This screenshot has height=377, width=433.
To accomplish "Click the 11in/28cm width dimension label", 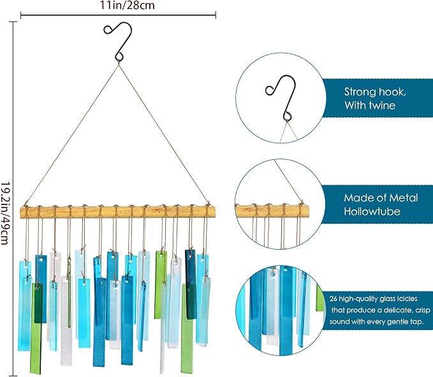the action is click(127, 5).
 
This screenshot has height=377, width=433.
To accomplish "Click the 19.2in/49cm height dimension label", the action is click(4, 213).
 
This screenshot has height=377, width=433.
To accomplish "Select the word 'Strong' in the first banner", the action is click(358, 92).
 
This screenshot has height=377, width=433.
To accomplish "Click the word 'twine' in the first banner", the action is click(383, 105).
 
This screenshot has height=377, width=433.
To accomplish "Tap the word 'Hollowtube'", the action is click(372, 211).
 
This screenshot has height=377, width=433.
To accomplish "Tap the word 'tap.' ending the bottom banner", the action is click(418, 322).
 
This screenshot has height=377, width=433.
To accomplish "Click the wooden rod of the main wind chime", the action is click(118, 212).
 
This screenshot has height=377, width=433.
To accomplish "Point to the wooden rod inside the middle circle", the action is click(272, 211).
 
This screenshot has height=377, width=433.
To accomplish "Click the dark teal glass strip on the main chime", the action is click(191, 284).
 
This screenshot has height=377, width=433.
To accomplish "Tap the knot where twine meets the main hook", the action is click(119, 63).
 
